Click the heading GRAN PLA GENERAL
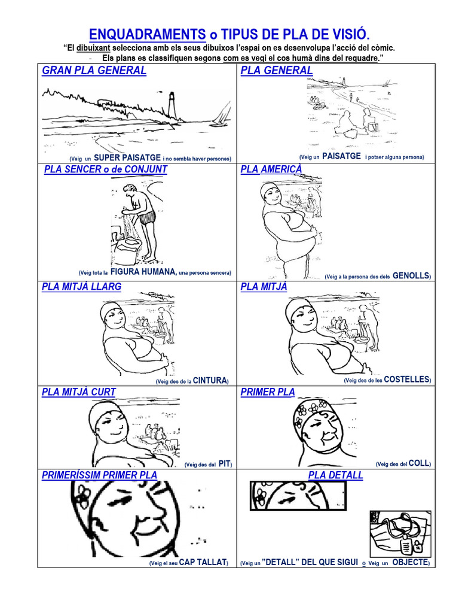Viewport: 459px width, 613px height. coord(94,71)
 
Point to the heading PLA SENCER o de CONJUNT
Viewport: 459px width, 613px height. coord(106,169)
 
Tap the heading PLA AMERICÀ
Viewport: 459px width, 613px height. coord(271,169)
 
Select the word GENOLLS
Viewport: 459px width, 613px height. coord(411,276)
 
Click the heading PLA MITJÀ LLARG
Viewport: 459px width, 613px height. coord(82,287)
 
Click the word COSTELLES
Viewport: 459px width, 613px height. coord(406,380)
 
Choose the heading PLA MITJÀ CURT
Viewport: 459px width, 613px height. coord(79,392)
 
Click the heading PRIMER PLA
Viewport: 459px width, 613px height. coord(268,392)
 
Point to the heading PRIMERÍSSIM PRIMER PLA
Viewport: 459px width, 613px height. coord(100,475)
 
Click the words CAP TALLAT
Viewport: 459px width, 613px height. coord(203,562)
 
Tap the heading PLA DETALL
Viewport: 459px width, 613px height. coord(336,475)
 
